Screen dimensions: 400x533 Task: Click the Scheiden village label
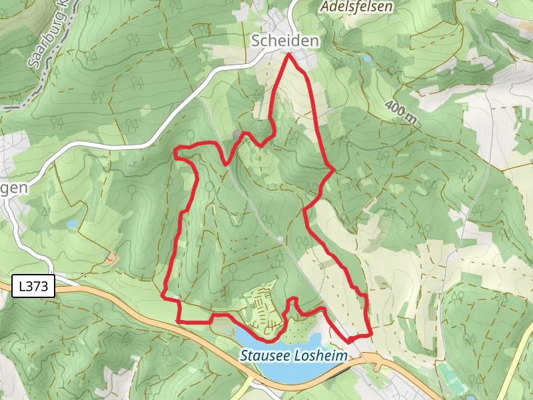[285, 41]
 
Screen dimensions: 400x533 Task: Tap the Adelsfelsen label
[356, 7]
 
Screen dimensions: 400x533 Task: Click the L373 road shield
[33, 287]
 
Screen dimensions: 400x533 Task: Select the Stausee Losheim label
[294, 356]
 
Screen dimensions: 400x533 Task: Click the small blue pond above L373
[72, 225]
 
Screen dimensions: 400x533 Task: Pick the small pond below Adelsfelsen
[366, 59]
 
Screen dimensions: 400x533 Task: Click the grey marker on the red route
[238, 136]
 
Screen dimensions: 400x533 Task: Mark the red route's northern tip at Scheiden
[289, 55]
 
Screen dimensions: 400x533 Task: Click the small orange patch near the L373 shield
[112, 257]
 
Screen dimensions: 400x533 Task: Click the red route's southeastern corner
[369, 333]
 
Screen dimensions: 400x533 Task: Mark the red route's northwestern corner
[176, 153]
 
